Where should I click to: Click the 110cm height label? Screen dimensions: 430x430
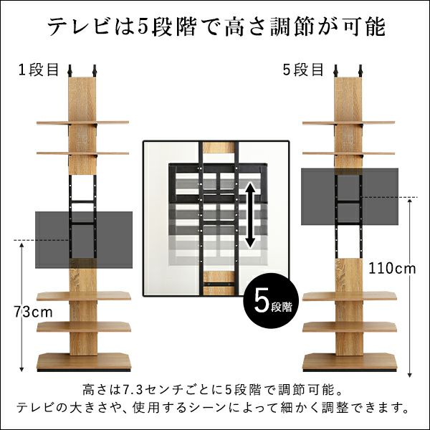(392, 269)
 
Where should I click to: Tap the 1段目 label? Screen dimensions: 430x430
(40, 70)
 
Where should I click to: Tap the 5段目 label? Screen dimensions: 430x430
(305, 70)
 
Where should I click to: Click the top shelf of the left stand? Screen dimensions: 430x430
(82, 123)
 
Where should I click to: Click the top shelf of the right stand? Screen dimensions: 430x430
(349, 123)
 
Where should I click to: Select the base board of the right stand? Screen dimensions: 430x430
(349, 361)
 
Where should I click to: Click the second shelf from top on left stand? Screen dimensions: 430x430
(82, 153)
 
